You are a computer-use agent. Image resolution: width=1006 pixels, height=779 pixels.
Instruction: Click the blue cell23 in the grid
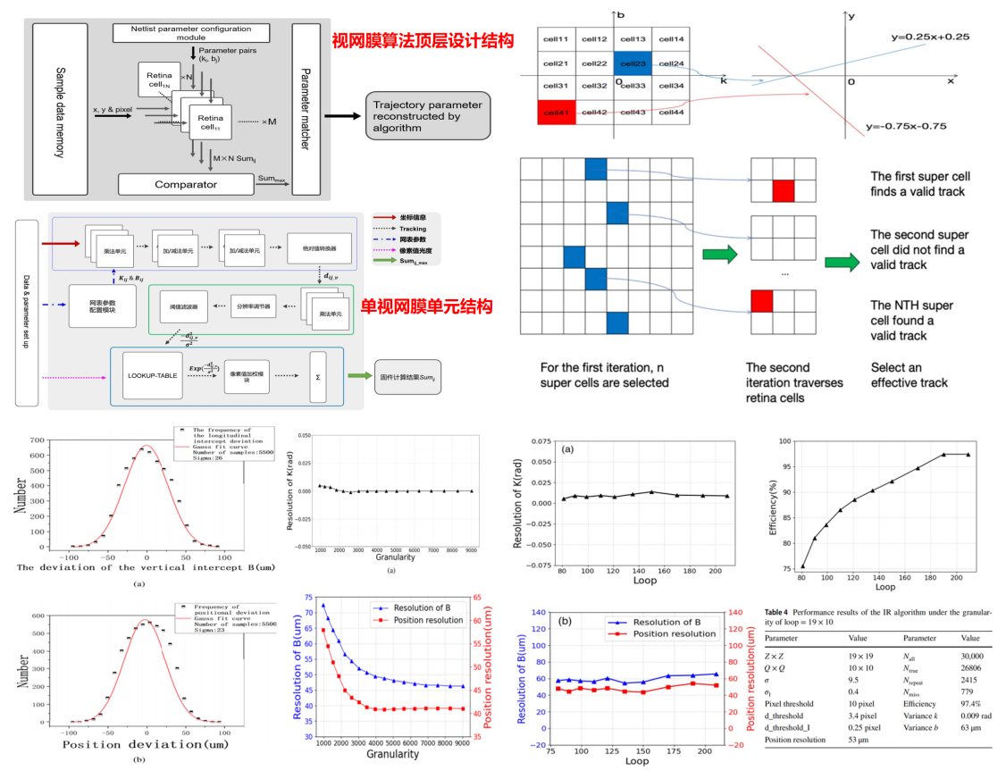tap(633, 63)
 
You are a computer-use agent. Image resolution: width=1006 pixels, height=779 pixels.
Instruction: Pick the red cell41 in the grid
tap(557, 112)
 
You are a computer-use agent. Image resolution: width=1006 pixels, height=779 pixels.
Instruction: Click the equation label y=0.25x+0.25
tap(929, 38)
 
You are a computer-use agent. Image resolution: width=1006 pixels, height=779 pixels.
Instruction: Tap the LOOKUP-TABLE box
tap(147, 376)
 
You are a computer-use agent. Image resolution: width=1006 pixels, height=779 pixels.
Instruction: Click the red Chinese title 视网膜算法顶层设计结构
tap(422, 40)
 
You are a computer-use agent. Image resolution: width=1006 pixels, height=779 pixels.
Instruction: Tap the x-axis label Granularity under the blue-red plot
tap(392, 754)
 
